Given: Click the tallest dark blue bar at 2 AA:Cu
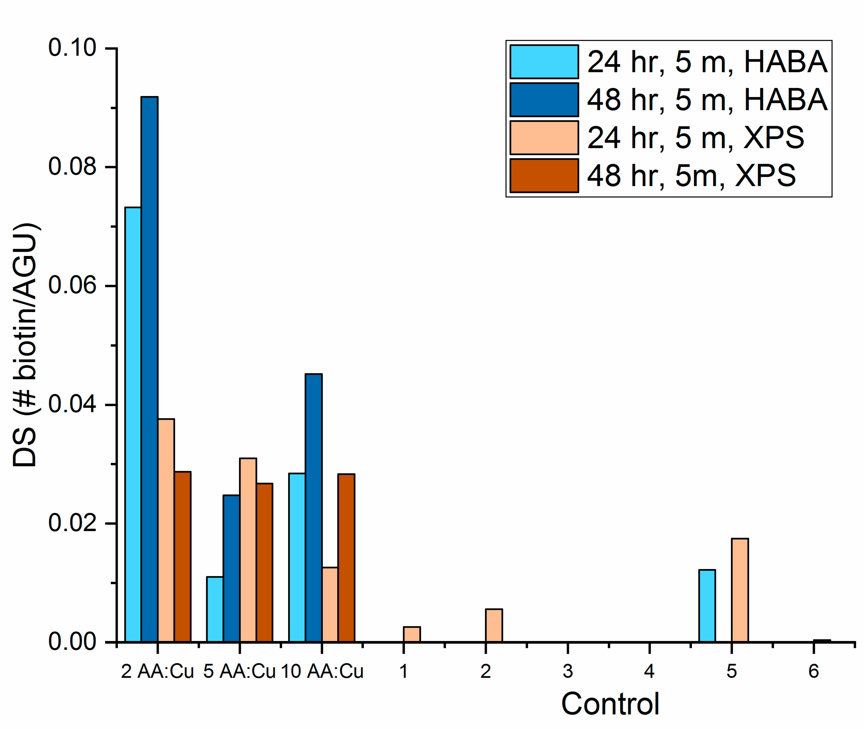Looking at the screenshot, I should [x=149, y=368].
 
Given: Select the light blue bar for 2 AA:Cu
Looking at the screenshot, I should [x=133, y=424].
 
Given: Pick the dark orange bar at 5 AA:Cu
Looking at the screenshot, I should [x=265, y=562].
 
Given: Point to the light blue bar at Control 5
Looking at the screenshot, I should [x=707, y=605].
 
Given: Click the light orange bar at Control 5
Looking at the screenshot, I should [x=740, y=590].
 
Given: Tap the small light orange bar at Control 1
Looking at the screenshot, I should [x=412, y=634].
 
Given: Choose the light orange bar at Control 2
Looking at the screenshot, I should [x=494, y=625].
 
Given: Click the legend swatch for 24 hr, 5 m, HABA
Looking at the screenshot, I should [x=544, y=62].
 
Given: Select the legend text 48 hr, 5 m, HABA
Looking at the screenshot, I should [x=707, y=100].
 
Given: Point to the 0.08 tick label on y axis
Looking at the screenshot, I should [x=72, y=167].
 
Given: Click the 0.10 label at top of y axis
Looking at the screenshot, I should [x=72, y=48].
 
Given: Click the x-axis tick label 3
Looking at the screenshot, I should [x=568, y=671].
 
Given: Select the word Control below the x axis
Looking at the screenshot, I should [x=610, y=704].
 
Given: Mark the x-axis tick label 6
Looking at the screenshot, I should [x=813, y=671].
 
